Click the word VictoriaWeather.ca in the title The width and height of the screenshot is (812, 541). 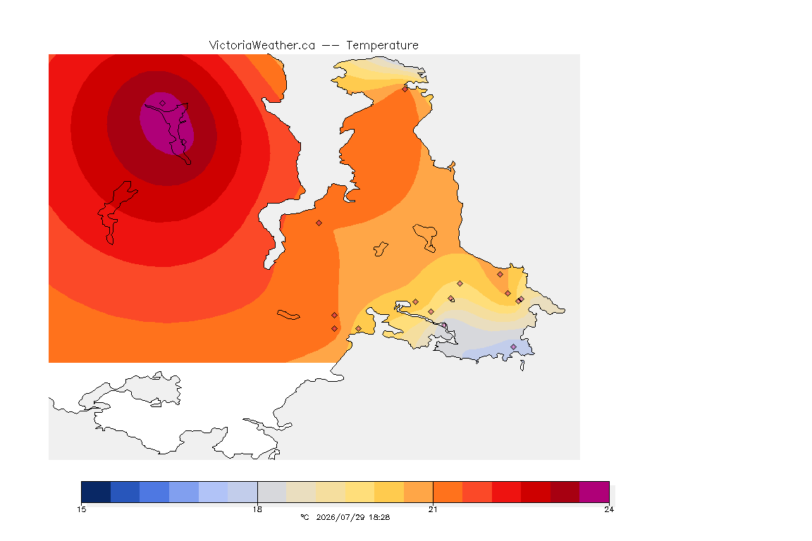point(262,46)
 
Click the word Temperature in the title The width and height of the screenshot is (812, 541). point(382,46)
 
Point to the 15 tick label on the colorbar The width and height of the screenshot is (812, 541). point(81,509)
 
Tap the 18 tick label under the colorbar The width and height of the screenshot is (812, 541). point(257,509)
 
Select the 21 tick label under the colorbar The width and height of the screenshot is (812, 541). point(433,509)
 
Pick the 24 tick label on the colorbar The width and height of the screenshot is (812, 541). point(609,509)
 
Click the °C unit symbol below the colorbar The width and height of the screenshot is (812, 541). point(304,517)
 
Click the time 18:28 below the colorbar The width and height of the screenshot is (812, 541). point(379,517)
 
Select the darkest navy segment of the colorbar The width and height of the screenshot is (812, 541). point(96,492)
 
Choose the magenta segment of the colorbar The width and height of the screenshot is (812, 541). point(594,492)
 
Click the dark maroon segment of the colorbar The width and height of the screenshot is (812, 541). point(565,492)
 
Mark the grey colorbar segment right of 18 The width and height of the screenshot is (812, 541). point(272,492)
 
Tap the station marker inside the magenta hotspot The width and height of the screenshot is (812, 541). point(163,104)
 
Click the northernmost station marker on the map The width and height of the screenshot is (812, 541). point(405,89)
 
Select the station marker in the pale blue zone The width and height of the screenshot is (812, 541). point(513,347)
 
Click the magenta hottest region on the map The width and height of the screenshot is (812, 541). point(167,124)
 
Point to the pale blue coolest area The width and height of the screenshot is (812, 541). point(497,350)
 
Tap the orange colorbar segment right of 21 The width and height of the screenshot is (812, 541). point(448,492)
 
